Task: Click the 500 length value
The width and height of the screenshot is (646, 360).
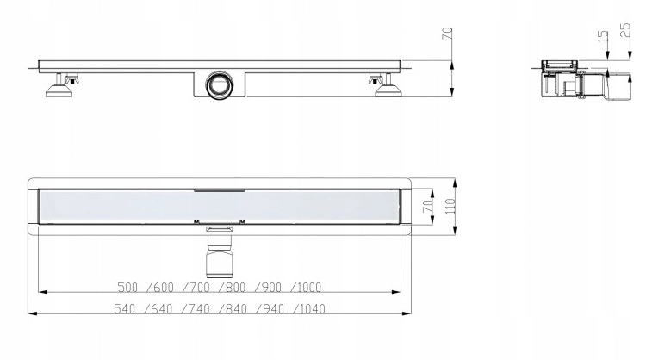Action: click(127, 287)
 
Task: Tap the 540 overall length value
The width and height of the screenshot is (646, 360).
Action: click(124, 308)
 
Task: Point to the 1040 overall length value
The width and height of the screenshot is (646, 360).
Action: click(312, 308)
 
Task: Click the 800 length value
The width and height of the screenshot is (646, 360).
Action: click(235, 287)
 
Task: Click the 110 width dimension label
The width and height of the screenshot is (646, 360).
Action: click(450, 206)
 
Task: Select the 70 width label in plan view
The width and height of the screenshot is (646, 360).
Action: click(428, 206)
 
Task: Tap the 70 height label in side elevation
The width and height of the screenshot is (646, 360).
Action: click(447, 34)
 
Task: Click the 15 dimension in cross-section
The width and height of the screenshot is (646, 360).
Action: click(602, 35)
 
